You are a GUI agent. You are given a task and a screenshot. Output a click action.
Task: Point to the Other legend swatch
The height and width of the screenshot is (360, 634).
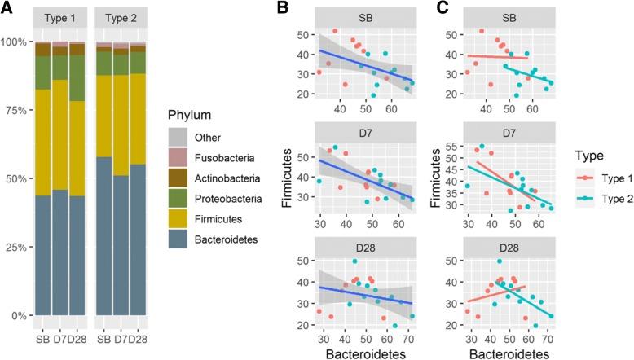coord(182,138)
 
